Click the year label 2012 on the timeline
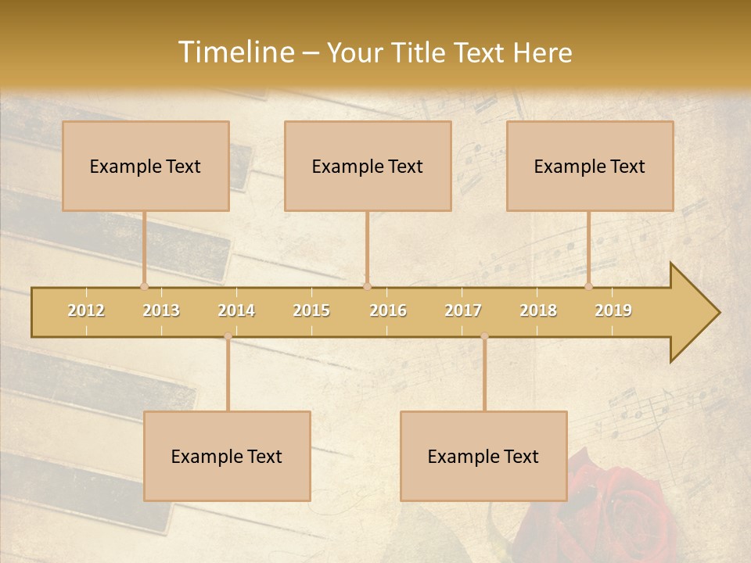click(86, 310)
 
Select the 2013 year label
click(161, 310)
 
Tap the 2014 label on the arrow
click(236, 310)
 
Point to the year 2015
click(311, 310)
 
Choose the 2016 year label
click(388, 310)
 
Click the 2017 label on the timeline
click(463, 310)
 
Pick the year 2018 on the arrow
click(538, 310)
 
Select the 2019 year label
click(613, 310)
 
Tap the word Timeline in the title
click(235, 52)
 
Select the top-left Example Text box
click(146, 166)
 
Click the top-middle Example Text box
click(368, 166)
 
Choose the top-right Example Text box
click(590, 166)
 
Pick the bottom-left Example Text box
click(227, 456)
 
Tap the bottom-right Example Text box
click(483, 456)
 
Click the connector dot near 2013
click(144, 286)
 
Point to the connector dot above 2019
click(588, 286)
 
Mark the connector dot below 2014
click(228, 336)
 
